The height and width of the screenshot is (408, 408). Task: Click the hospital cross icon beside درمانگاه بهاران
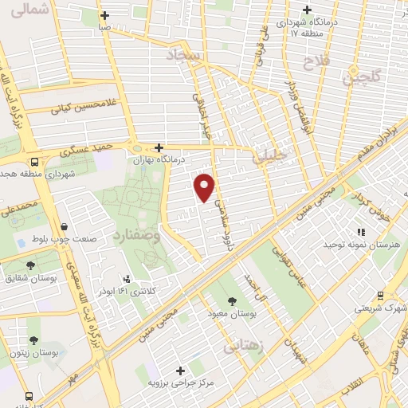[x=159, y=147]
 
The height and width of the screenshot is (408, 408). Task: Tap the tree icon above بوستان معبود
[x=232, y=301]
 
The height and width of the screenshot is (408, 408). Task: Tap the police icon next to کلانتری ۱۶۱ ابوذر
[x=126, y=279]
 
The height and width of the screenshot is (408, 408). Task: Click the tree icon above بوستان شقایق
[x=30, y=265]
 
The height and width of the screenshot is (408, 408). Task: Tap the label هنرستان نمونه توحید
[x=359, y=244]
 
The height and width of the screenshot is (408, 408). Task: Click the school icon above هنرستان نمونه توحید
[x=360, y=231]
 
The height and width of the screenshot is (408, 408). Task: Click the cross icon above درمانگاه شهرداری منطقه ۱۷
[x=307, y=10]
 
